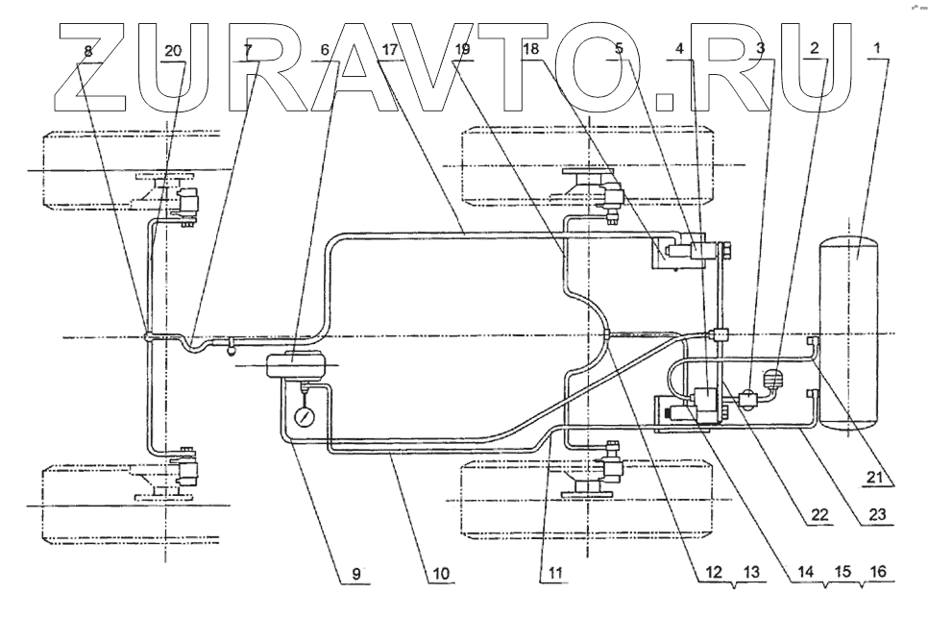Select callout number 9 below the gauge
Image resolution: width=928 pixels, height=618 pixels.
point(356,572)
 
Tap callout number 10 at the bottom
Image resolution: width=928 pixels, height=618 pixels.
point(440,573)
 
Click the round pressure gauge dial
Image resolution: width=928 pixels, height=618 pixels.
point(305,417)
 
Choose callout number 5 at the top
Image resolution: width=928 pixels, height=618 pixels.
point(619,47)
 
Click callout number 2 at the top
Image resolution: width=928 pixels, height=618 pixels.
point(815,47)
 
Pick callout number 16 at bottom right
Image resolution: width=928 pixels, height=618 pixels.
point(877,572)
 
